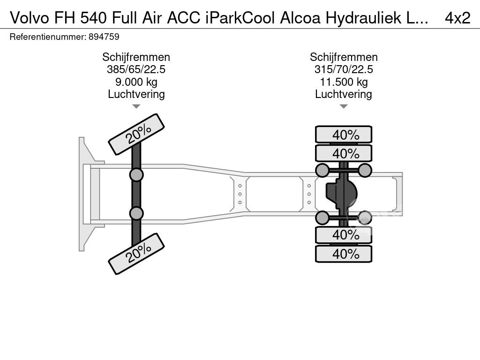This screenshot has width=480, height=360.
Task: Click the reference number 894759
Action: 104,37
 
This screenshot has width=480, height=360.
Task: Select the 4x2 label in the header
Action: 457,18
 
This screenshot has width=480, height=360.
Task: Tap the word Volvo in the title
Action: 30,18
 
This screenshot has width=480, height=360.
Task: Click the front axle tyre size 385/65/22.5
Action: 136,69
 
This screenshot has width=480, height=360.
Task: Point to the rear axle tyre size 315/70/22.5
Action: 344,69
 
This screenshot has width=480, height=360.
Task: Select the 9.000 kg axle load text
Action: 136,82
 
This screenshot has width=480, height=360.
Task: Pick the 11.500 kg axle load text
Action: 344,82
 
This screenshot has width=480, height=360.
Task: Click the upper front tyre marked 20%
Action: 136,135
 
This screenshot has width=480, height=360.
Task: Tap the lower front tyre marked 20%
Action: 136,254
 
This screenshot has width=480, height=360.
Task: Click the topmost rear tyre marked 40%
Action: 344,135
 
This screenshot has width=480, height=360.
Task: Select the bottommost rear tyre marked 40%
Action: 344,254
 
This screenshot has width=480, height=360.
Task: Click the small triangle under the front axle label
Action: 136,106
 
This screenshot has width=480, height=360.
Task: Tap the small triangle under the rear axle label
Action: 344,106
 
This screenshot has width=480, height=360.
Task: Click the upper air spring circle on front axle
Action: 136,175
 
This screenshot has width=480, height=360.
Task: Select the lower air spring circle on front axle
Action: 136,213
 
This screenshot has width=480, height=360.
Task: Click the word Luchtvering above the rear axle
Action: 344,94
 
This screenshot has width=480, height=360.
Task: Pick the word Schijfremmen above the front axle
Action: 136,57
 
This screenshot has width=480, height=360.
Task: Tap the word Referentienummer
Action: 47,37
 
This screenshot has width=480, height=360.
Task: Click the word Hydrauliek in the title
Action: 363,18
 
